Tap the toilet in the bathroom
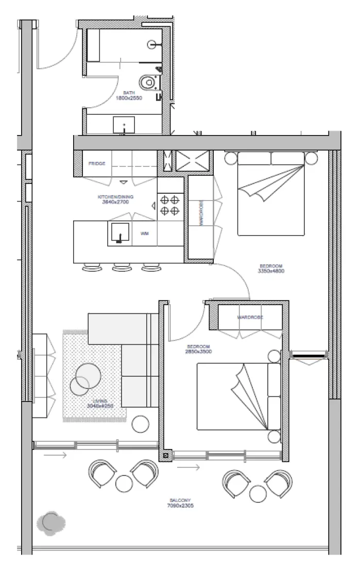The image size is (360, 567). click(x=149, y=81)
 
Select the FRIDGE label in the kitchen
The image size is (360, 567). click(x=97, y=163)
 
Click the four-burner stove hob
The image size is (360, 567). click(x=170, y=205)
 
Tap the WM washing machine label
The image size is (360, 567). click(x=145, y=234)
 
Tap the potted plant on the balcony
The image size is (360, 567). click(x=50, y=522)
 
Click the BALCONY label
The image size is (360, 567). click(x=180, y=501)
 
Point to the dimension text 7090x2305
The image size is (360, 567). click(x=180, y=506)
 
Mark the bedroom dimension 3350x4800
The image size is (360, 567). click(x=271, y=271)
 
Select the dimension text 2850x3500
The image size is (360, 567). click(x=199, y=352)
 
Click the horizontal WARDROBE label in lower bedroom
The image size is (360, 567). click(x=250, y=318)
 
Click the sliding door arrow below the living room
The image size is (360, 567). click(x=55, y=455)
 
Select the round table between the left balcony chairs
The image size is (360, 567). click(x=124, y=483)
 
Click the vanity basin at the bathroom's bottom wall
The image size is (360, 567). click(x=124, y=124)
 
